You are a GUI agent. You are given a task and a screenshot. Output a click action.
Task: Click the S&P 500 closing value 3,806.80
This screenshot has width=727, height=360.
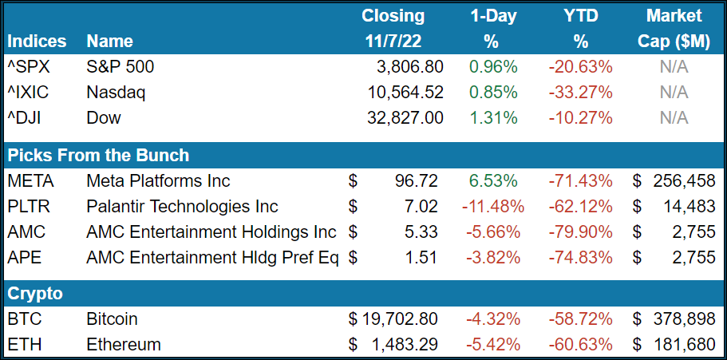coord(402,66)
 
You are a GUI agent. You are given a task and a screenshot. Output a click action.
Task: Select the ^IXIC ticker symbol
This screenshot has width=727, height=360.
coord(28,92)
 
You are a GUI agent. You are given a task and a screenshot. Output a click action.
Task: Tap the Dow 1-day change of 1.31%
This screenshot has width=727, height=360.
coord(492,117)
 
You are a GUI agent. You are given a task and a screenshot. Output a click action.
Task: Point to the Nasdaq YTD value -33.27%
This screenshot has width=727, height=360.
coord(580,92)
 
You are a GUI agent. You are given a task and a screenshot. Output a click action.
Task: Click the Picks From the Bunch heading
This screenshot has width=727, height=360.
coord(98,155)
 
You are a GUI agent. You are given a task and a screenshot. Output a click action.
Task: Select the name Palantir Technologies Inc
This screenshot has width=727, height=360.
coord(182,207)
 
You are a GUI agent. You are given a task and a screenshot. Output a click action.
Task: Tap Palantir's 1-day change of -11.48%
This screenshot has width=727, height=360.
coord(492,207)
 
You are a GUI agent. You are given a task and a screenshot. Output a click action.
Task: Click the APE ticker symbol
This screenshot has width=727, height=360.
coord(23,258)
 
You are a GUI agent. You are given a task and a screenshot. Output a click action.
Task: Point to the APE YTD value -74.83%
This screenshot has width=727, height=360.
coord(580,258)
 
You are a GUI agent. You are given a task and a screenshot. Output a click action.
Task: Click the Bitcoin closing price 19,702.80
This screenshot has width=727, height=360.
coord(396,318)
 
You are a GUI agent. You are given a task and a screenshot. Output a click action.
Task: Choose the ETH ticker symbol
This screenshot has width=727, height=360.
coord(24,345)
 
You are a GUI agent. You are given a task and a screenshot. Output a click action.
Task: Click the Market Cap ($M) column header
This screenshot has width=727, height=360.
coord(674,28)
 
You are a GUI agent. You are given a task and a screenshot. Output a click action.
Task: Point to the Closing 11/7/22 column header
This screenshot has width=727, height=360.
coord(393,28)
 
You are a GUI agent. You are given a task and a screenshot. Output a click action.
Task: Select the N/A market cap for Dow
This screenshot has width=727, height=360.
coord(674,117)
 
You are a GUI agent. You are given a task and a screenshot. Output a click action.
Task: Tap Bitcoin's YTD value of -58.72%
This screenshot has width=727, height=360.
coord(580,318)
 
